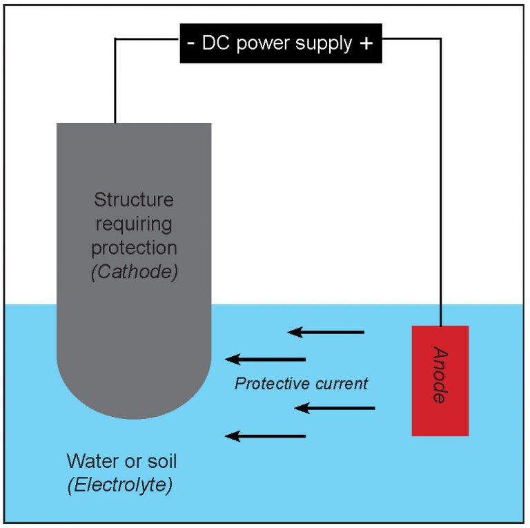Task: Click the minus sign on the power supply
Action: pyautogui.click(x=190, y=43)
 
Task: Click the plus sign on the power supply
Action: pyautogui.click(x=366, y=43)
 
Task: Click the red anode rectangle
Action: pyautogui.click(x=440, y=380)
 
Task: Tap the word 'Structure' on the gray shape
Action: pyautogui.click(x=134, y=200)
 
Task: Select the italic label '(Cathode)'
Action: pyautogui.click(x=134, y=271)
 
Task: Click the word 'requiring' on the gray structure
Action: pyautogui.click(x=134, y=225)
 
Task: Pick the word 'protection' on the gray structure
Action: pyautogui.click(x=134, y=248)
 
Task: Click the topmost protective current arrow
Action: pyautogui.click(x=326, y=333)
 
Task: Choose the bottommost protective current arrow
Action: pyautogui.click(x=266, y=436)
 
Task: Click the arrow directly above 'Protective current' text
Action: pyautogui.click(x=266, y=359)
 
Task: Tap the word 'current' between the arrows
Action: pyautogui.click(x=337, y=384)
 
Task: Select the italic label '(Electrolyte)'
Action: pyautogui.click(x=120, y=485)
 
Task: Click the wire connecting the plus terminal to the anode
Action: pyautogui.click(x=440, y=173)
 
